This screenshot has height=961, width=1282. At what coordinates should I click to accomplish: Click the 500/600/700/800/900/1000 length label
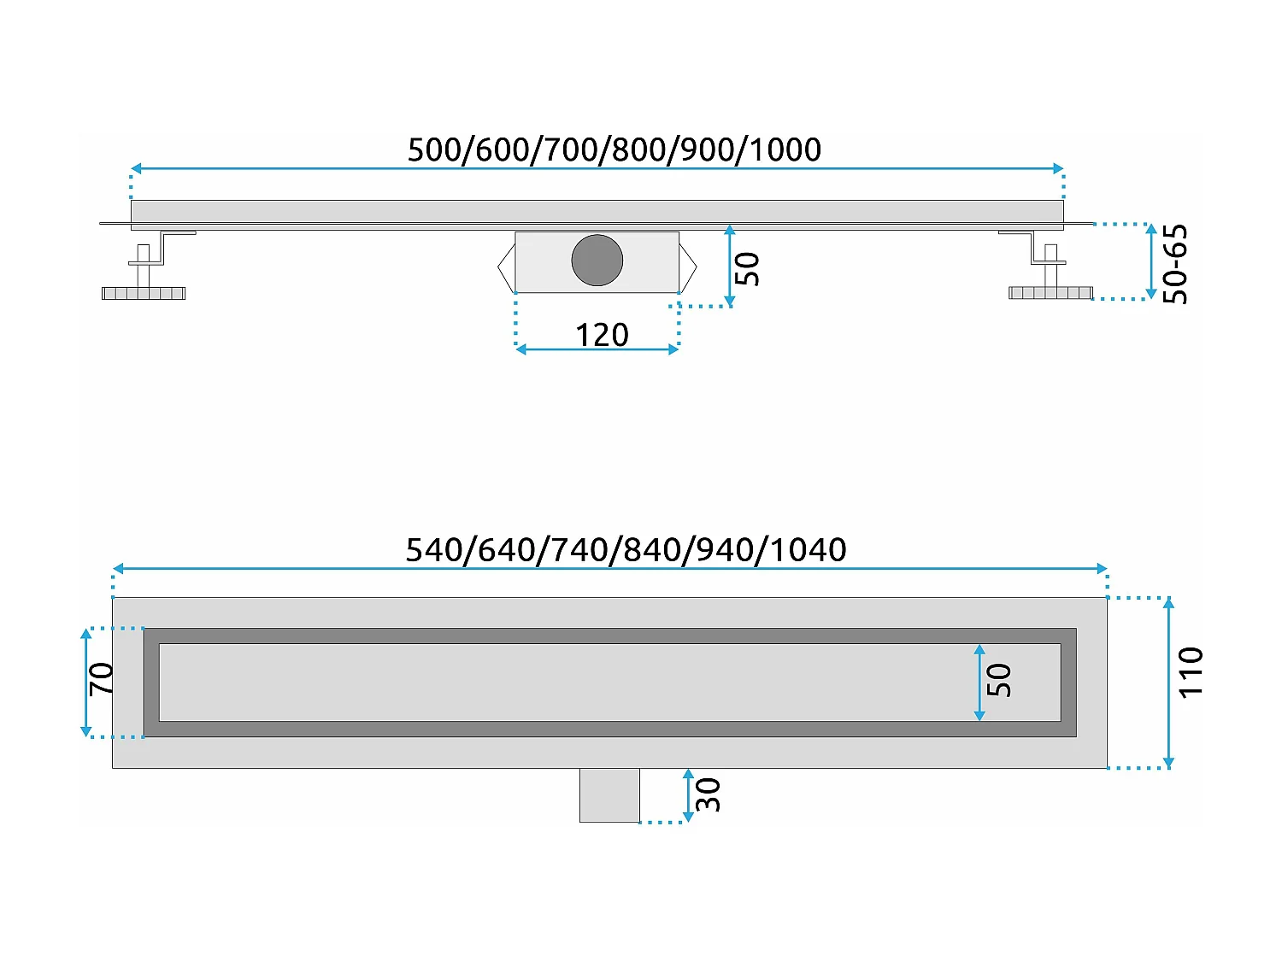(x=614, y=149)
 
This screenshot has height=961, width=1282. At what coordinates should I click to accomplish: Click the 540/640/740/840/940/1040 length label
(x=626, y=549)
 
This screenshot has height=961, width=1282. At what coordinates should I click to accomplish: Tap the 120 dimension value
(x=602, y=335)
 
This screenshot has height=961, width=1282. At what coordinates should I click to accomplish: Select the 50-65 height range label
(x=1176, y=263)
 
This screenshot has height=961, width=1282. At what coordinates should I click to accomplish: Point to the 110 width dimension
(x=1191, y=672)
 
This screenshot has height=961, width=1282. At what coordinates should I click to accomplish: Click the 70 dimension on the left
(x=102, y=678)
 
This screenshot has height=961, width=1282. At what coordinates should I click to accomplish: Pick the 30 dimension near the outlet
(x=709, y=794)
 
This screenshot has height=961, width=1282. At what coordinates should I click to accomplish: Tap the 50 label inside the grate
(x=999, y=680)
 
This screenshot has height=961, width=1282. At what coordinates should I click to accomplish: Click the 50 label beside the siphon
(x=747, y=268)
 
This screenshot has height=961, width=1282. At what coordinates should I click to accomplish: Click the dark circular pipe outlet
(x=597, y=261)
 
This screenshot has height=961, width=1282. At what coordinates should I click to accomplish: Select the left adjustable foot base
(x=144, y=293)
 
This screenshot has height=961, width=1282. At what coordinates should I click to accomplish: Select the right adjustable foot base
(x=1050, y=293)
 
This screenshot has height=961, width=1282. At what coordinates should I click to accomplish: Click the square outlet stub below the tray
(x=609, y=795)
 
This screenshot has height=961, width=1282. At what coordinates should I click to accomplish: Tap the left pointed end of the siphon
(x=506, y=267)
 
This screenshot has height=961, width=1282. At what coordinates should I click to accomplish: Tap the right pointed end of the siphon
(x=688, y=267)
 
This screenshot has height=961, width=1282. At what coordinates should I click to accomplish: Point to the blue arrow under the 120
(x=597, y=349)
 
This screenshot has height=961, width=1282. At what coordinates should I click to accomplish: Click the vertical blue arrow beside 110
(x=1168, y=683)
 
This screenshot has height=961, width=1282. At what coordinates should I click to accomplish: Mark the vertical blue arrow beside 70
(x=85, y=682)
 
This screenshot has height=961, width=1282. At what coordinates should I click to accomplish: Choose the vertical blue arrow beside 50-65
(x=1150, y=261)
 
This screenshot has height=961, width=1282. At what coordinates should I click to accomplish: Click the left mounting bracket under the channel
(x=162, y=247)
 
